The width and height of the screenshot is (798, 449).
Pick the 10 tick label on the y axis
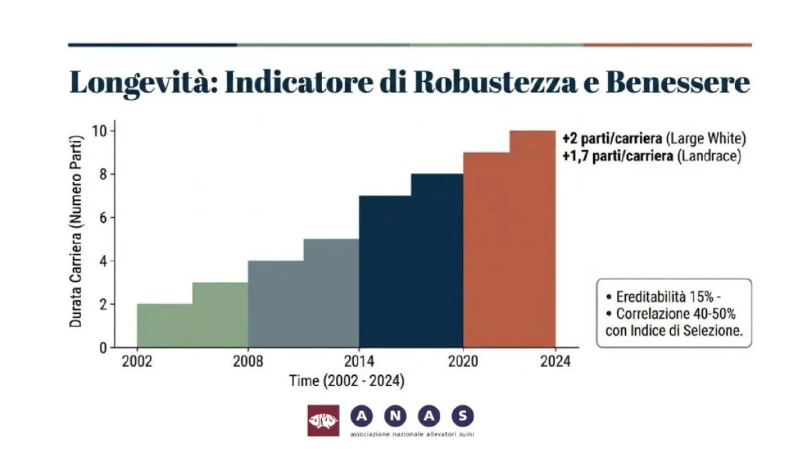(x=98, y=131)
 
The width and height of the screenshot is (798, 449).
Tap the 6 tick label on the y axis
(x=102, y=218)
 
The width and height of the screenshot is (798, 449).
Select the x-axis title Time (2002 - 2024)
(x=346, y=381)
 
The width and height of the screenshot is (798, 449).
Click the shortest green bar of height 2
(x=164, y=326)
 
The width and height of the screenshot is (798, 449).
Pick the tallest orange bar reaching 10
(x=532, y=239)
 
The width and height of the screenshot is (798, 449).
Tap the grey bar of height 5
(x=331, y=293)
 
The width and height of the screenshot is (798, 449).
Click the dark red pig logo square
(x=323, y=420)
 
